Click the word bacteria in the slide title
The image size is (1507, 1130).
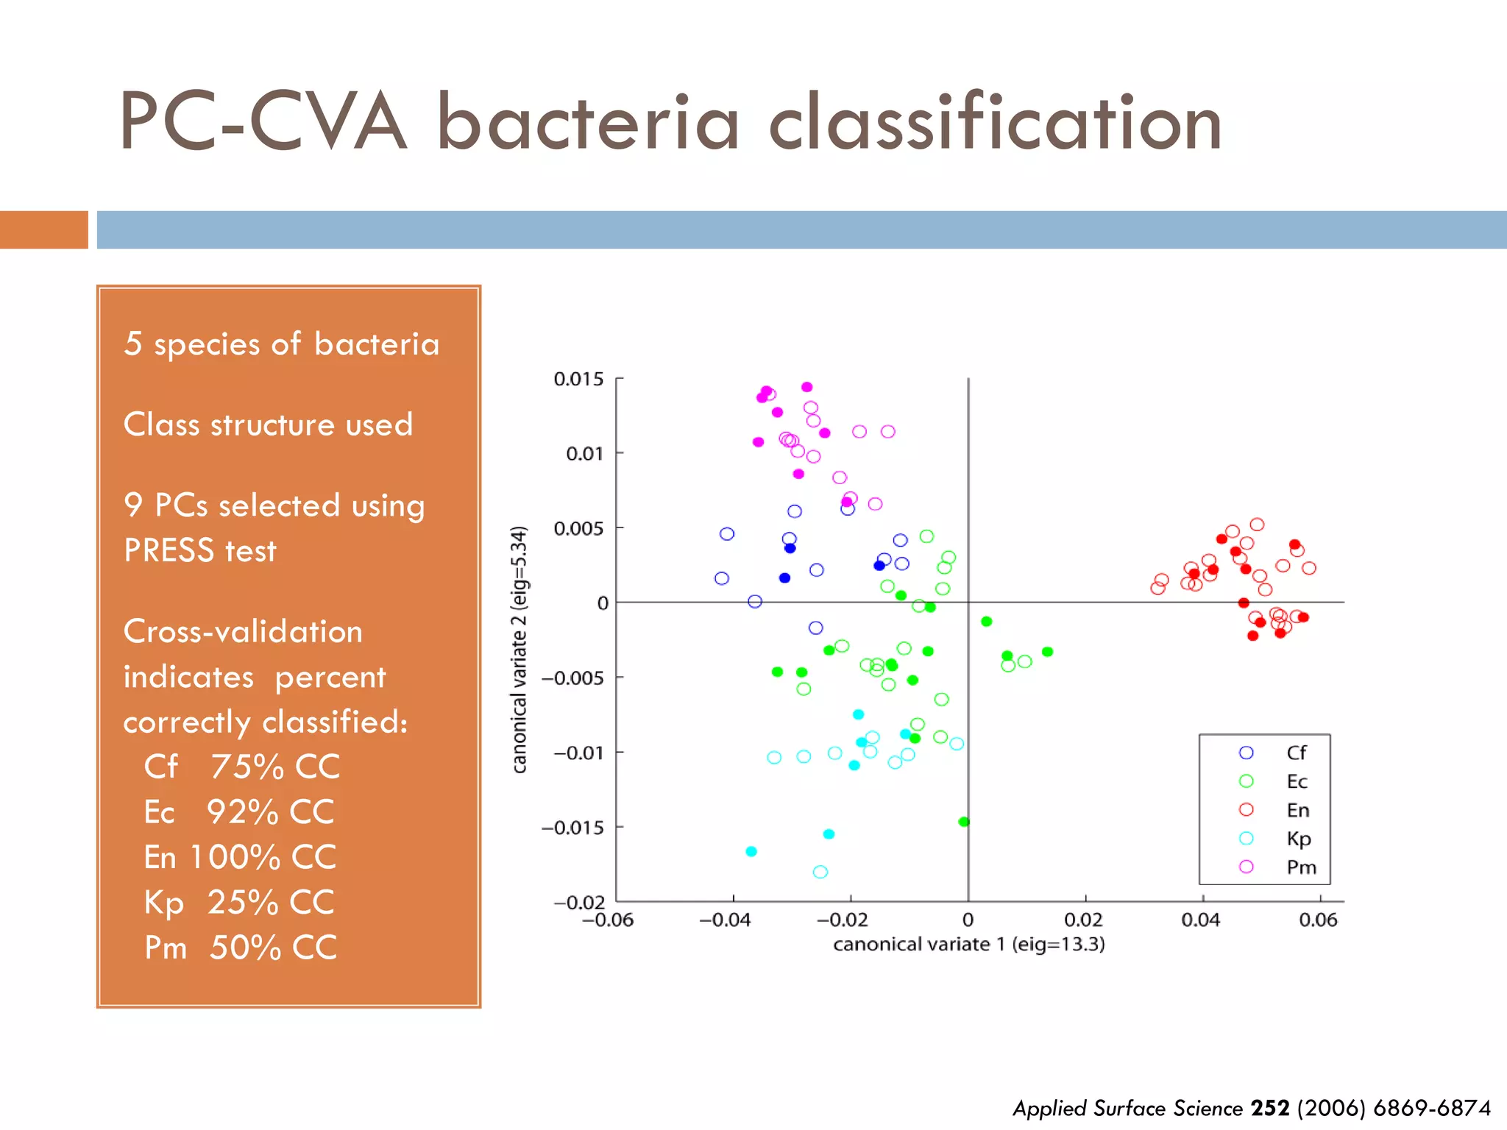pos(587,124)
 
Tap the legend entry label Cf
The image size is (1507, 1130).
pos(1296,753)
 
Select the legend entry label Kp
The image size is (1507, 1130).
pos(1298,839)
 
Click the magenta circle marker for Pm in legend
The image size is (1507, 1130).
pos(1246,867)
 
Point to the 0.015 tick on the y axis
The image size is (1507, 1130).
pos(578,379)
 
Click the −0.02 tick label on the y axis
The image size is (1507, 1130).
pos(579,902)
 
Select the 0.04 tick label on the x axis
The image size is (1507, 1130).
pos(1200,920)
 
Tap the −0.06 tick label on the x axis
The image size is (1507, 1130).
pos(608,920)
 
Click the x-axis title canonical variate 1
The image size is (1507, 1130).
pos(968,945)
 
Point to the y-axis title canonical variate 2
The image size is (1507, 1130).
pos(520,650)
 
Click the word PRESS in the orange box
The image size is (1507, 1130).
pos(169,551)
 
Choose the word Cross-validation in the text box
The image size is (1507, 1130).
pos(243,632)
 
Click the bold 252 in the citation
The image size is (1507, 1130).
pos(1270,1108)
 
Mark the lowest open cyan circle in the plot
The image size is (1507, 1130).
pos(820,872)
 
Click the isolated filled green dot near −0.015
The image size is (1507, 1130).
pos(964,822)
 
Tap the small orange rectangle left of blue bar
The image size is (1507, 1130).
pos(43,230)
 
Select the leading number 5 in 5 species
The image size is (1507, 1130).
pos(132,344)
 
